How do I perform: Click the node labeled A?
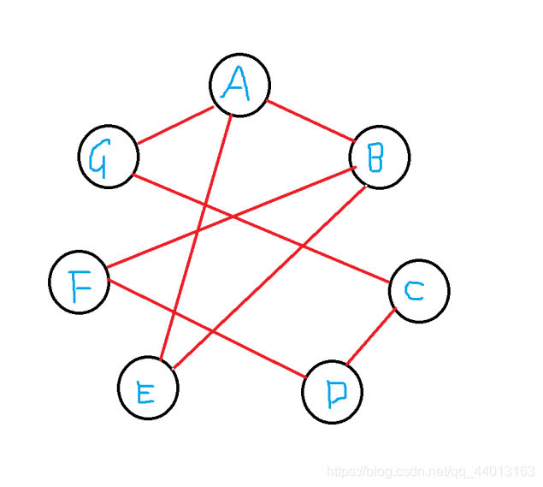pos(239,85)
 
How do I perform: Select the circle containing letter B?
pos(380,157)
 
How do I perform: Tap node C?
pos(418,291)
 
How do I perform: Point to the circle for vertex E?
pos(148,389)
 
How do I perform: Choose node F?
pos(80,283)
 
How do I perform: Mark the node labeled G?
pos(109,157)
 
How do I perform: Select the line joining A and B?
pos(310,121)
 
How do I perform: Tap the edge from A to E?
pos(195,235)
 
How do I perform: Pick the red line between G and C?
pos(261,229)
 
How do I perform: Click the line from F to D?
pos(205,327)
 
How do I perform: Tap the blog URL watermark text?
pos(432,472)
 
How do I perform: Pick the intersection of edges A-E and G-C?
pos(205,205)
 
